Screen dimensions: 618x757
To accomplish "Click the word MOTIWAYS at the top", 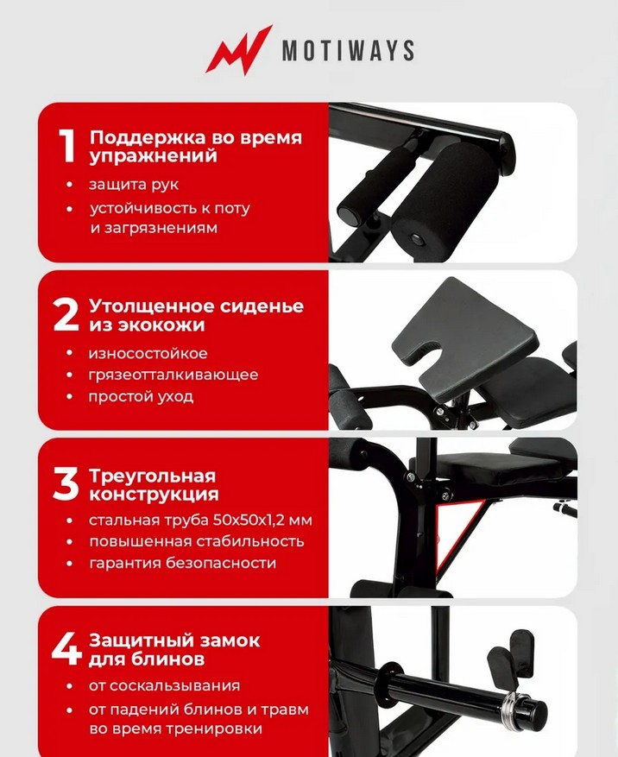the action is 348,50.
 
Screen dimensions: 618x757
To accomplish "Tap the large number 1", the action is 67,146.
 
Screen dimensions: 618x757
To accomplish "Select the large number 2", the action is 66,315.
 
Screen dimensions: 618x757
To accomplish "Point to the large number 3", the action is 66,484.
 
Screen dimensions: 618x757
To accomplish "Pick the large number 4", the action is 67,649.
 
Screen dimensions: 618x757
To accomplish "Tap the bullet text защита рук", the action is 134,185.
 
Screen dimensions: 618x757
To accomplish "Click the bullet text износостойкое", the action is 148,353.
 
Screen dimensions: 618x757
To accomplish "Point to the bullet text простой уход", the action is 141,397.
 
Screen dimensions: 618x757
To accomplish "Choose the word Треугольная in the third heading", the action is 153,476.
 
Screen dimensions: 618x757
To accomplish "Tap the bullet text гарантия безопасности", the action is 182,563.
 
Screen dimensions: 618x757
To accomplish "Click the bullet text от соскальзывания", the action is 164,686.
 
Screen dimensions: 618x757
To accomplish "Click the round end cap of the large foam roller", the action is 415,240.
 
